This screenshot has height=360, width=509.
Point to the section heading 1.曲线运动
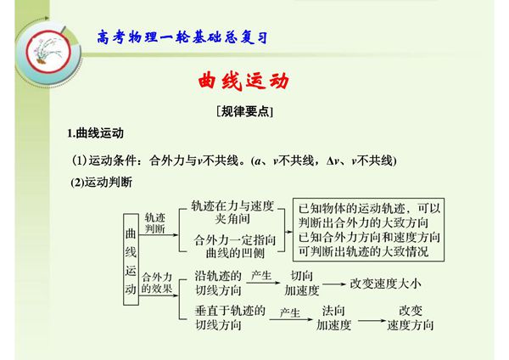pyautogui.click(x=96, y=133)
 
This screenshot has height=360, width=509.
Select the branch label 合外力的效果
pyautogui.click(x=157, y=281)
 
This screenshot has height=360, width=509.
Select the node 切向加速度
pyautogui.click(x=301, y=283)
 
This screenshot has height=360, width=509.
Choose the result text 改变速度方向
pyautogui.click(x=410, y=318)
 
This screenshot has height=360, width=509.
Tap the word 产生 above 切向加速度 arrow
pyautogui.click(x=260, y=275)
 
